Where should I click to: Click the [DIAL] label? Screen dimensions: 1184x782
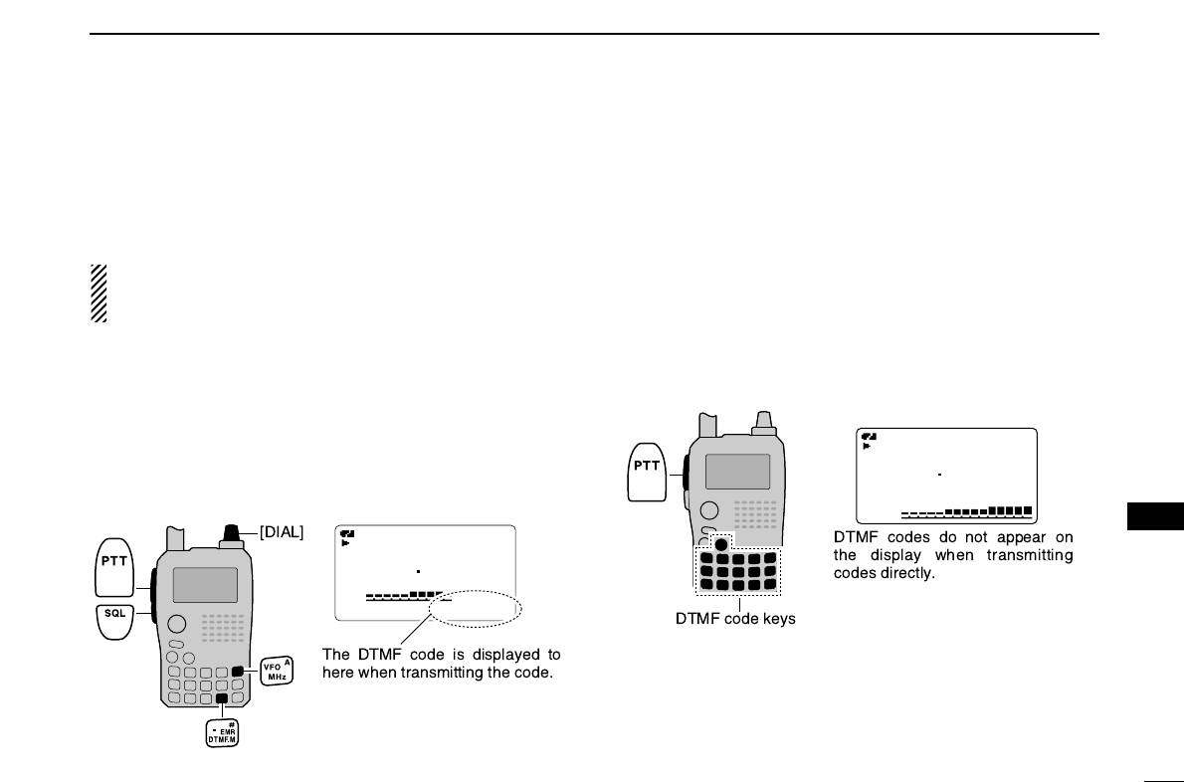click(x=283, y=533)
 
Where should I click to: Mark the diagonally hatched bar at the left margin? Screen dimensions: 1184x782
click(x=99, y=293)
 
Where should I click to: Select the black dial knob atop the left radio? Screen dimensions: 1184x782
click(x=235, y=533)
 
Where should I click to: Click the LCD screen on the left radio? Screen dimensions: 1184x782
click(x=205, y=585)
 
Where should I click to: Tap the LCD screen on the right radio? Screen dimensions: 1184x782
click(x=737, y=471)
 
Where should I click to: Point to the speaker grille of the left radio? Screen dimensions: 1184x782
click(x=223, y=627)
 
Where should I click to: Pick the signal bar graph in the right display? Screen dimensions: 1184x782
click(x=967, y=512)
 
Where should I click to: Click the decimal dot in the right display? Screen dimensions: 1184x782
click(x=939, y=475)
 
